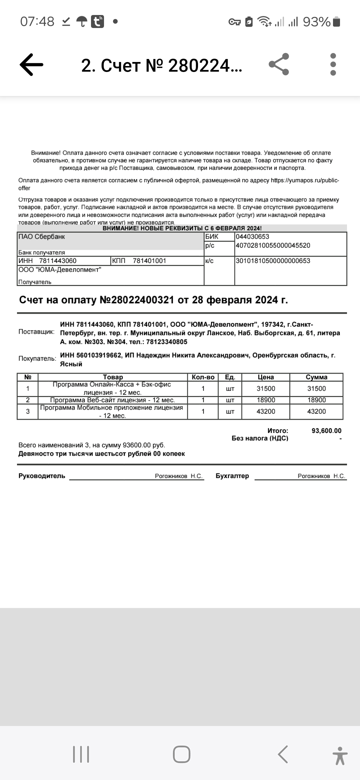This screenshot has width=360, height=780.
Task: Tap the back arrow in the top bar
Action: coord(32,64)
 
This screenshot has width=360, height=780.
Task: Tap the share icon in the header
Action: coord(279,64)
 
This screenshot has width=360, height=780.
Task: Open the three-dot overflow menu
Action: coord(333,64)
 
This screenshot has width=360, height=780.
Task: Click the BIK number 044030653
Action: coord(252,237)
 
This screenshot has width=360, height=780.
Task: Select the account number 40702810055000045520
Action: coord(273,246)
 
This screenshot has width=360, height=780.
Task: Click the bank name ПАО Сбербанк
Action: coord(42,237)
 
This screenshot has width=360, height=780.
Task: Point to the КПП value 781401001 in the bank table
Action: coord(149,261)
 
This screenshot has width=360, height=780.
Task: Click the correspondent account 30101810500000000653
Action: coord(273,261)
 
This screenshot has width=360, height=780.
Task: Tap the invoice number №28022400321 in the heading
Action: coord(137,300)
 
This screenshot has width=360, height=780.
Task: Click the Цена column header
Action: coord(266,377)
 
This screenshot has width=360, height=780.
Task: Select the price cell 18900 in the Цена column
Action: coord(266,400)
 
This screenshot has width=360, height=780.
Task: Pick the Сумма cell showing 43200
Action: coord(316,411)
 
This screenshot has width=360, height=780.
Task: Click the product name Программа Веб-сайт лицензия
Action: coord(113,400)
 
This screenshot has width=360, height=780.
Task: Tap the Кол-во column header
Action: coord(203,377)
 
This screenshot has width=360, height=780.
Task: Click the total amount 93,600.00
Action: coord(326,431)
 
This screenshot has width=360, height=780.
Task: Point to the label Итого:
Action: coord(278,431)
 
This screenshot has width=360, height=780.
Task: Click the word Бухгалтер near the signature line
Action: coord(232,476)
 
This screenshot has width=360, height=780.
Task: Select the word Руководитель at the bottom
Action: coord(42,476)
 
